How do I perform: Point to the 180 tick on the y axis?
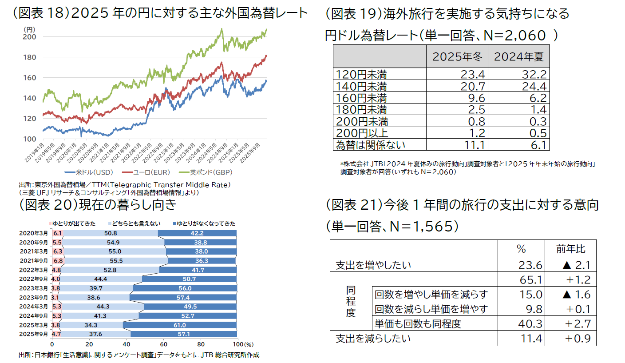29,57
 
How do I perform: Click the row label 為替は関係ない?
371,144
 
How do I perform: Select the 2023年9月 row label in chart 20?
34,297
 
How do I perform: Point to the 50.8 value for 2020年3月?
110,233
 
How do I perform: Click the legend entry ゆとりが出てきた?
73,223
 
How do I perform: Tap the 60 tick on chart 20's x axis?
163,344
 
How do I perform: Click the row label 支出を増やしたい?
373,265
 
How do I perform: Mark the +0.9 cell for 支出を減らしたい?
578,338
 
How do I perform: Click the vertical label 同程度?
351,301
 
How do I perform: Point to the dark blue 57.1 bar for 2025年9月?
184,334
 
